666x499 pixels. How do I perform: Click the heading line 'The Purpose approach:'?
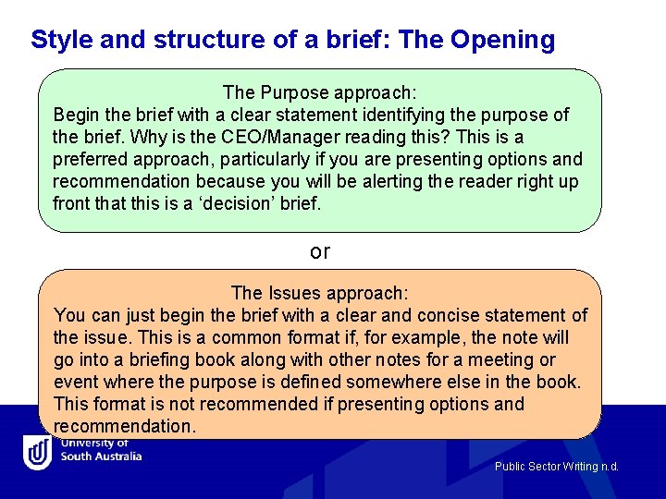[319, 92]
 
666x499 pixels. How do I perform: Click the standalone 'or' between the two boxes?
[320, 251]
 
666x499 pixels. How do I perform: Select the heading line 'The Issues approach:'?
[319, 293]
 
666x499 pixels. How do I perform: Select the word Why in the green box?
[148, 137]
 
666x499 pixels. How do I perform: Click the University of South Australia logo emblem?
[38, 452]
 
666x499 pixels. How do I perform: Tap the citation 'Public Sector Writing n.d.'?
[556, 467]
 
